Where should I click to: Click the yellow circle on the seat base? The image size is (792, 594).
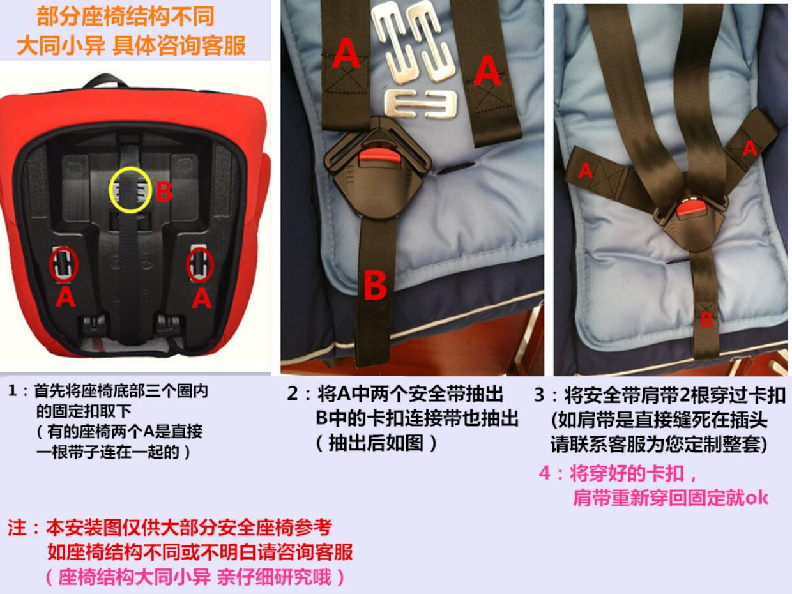(131, 190)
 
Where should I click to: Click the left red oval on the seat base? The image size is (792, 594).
(64, 264)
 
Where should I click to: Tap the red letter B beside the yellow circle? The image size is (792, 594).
(165, 192)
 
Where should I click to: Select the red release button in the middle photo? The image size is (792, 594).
(377, 156)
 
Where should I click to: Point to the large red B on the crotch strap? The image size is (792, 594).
(375, 286)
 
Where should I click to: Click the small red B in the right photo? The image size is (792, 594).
(706, 320)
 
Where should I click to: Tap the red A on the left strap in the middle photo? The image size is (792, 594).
(346, 55)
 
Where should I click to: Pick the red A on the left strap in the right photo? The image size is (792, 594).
(586, 171)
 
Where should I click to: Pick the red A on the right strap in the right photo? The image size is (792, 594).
(750, 148)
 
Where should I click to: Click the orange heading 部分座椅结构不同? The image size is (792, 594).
(125, 16)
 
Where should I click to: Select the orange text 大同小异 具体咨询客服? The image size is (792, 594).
(131, 46)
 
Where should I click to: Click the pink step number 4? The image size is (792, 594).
(544, 473)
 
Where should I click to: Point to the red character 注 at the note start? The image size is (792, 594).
(17, 528)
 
